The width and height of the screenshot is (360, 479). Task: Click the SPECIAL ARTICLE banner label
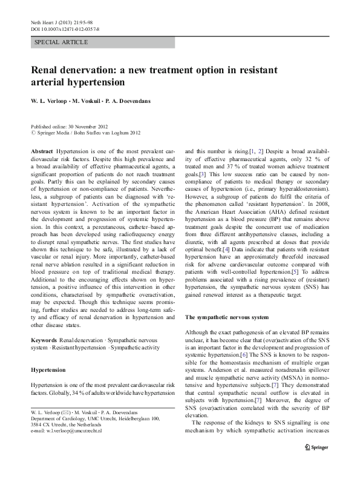coord(62,42)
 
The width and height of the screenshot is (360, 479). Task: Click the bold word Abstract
coord(41,149)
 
